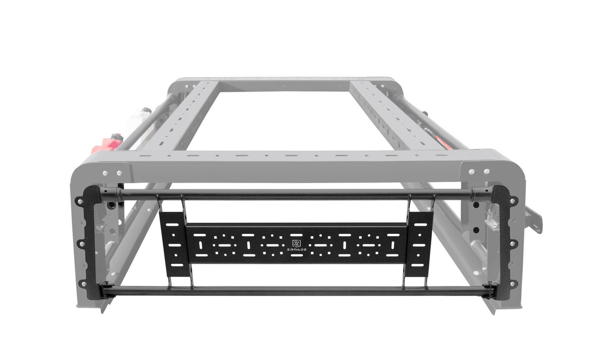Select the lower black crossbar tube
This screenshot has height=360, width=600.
[x=298, y=291]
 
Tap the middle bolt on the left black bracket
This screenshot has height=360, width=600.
[x=81, y=243]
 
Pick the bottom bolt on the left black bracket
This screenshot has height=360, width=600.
[x=82, y=283]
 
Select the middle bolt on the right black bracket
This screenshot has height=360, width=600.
[x=512, y=243]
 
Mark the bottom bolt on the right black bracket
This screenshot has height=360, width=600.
[x=512, y=283]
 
